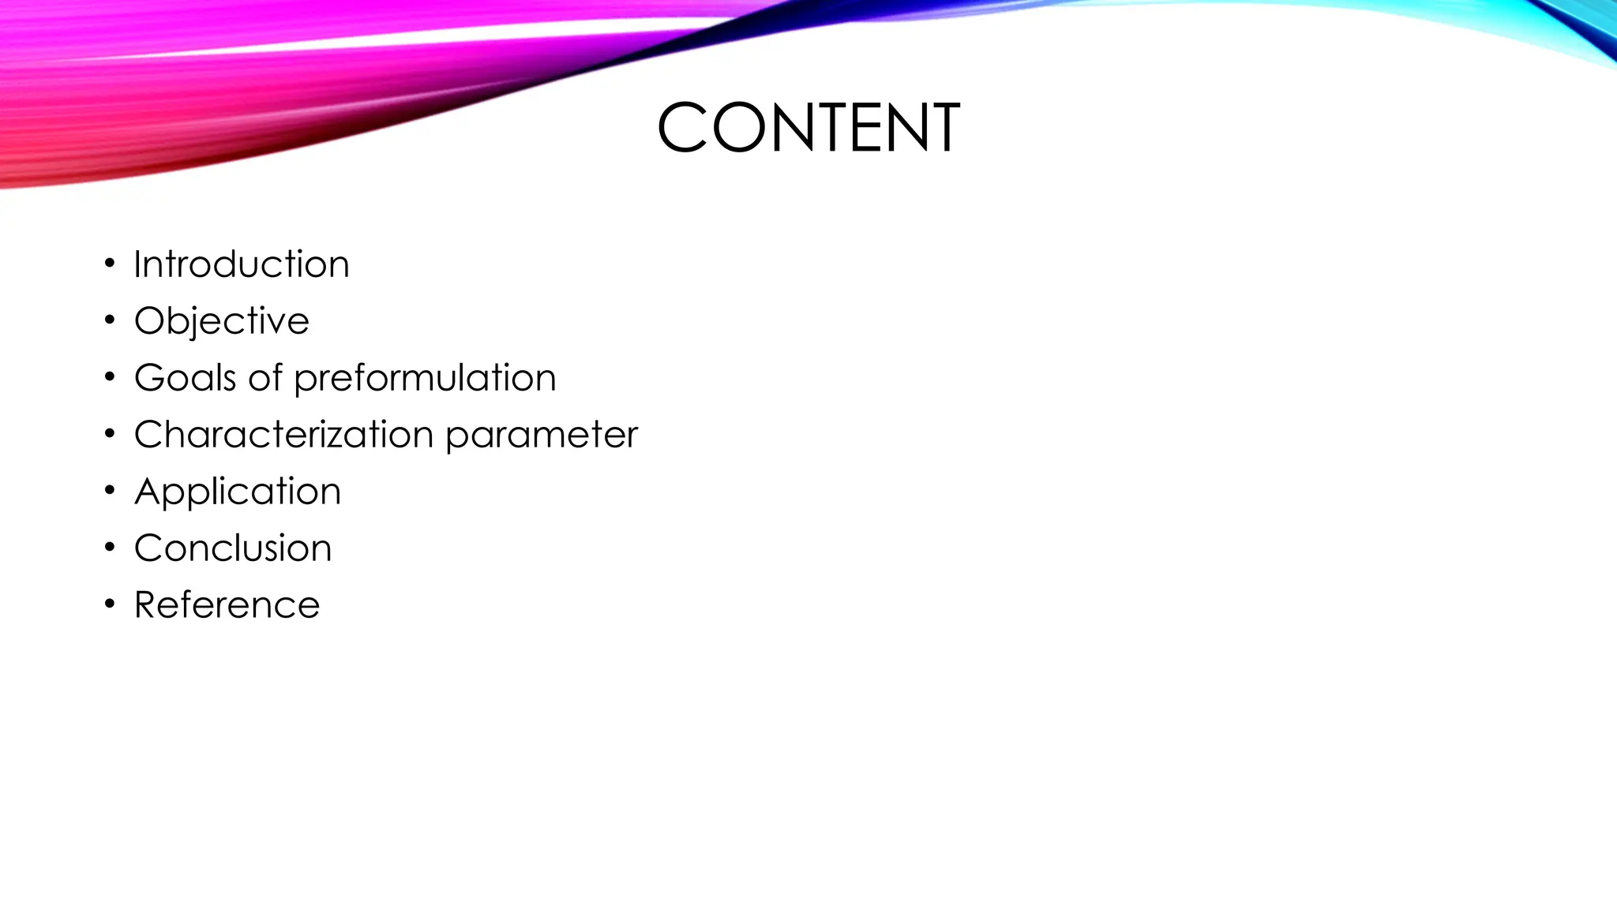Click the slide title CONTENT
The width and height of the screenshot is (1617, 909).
808,127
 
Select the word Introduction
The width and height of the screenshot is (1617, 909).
242,264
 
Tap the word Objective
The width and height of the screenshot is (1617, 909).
222,321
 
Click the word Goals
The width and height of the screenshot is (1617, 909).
186,378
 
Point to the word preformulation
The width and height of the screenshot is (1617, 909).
425,378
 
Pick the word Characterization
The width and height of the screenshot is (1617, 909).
284,435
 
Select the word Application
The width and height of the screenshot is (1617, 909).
238,492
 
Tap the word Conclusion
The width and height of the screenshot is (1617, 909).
233,548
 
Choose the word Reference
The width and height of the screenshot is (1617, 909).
227,605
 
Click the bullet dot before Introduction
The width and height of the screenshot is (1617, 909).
110,263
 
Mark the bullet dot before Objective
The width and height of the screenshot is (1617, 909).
110,320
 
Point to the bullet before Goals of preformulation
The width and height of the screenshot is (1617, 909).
110,376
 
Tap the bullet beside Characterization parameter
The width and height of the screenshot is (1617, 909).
110,433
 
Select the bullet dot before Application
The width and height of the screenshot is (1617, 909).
110,490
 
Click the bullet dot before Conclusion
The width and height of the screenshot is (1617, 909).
110,547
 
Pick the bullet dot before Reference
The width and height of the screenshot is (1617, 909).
110,604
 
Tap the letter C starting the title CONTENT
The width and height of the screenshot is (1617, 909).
682,127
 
